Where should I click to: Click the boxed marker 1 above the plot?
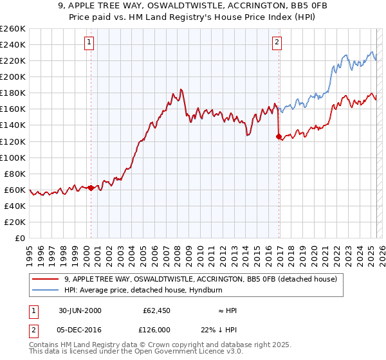click(x=89, y=43)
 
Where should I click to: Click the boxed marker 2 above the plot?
click(x=277, y=43)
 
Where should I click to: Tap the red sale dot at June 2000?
click(x=91, y=188)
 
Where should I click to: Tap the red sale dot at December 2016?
click(x=279, y=136)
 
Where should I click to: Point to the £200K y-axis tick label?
click(x=13, y=76)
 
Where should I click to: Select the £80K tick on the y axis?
click(x=15, y=174)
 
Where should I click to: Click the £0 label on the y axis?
click(x=21, y=238)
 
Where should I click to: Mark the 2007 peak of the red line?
click(x=181, y=89)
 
